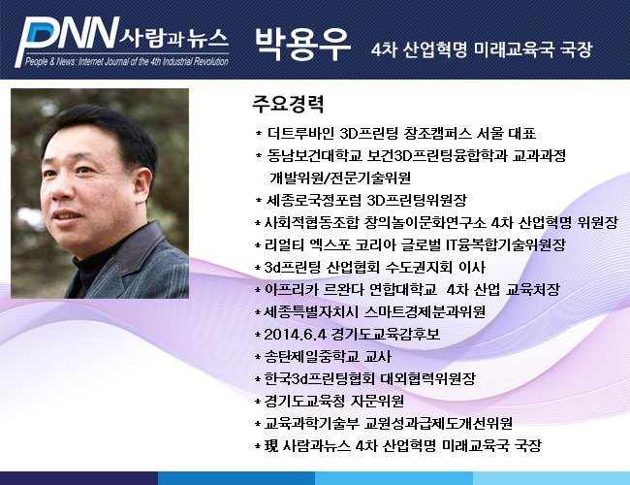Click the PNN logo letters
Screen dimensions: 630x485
(67, 41)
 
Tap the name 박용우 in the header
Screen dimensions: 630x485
(303, 45)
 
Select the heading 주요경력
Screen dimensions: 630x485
(288, 104)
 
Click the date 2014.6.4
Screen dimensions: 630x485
(295, 335)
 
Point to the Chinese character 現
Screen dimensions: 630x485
(270, 445)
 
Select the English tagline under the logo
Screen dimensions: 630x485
(127, 61)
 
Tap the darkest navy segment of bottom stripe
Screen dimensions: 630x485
(79, 478)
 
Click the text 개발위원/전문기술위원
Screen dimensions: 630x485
(340, 178)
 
